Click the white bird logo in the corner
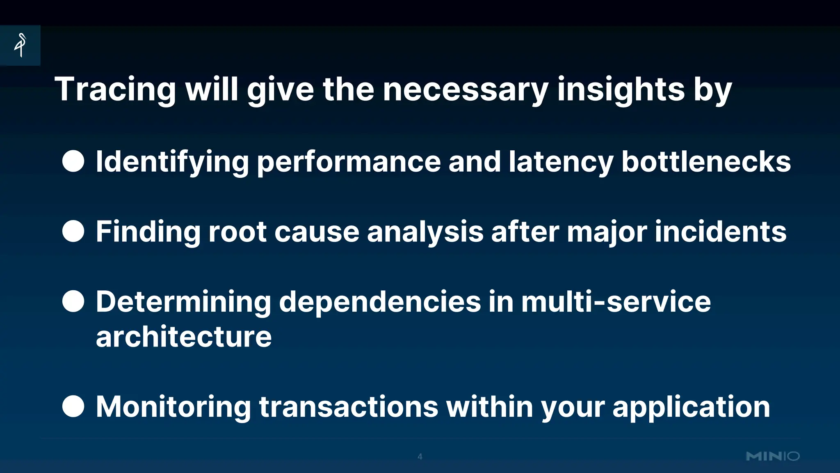tap(20, 45)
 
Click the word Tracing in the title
tap(115, 90)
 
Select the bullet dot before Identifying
tap(73, 161)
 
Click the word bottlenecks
tap(706, 162)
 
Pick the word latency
tap(561, 162)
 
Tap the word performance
tap(349, 162)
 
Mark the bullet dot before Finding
tap(73, 231)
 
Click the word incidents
tap(721, 232)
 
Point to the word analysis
tap(425, 232)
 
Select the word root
tap(237, 232)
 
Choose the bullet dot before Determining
tap(73, 301)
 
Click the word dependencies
tap(380, 302)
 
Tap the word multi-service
tap(616, 302)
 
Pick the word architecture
tap(184, 337)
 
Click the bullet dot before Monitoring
tap(73, 406)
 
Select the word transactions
tap(349, 407)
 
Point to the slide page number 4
tap(420, 457)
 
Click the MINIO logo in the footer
tap(773, 456)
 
